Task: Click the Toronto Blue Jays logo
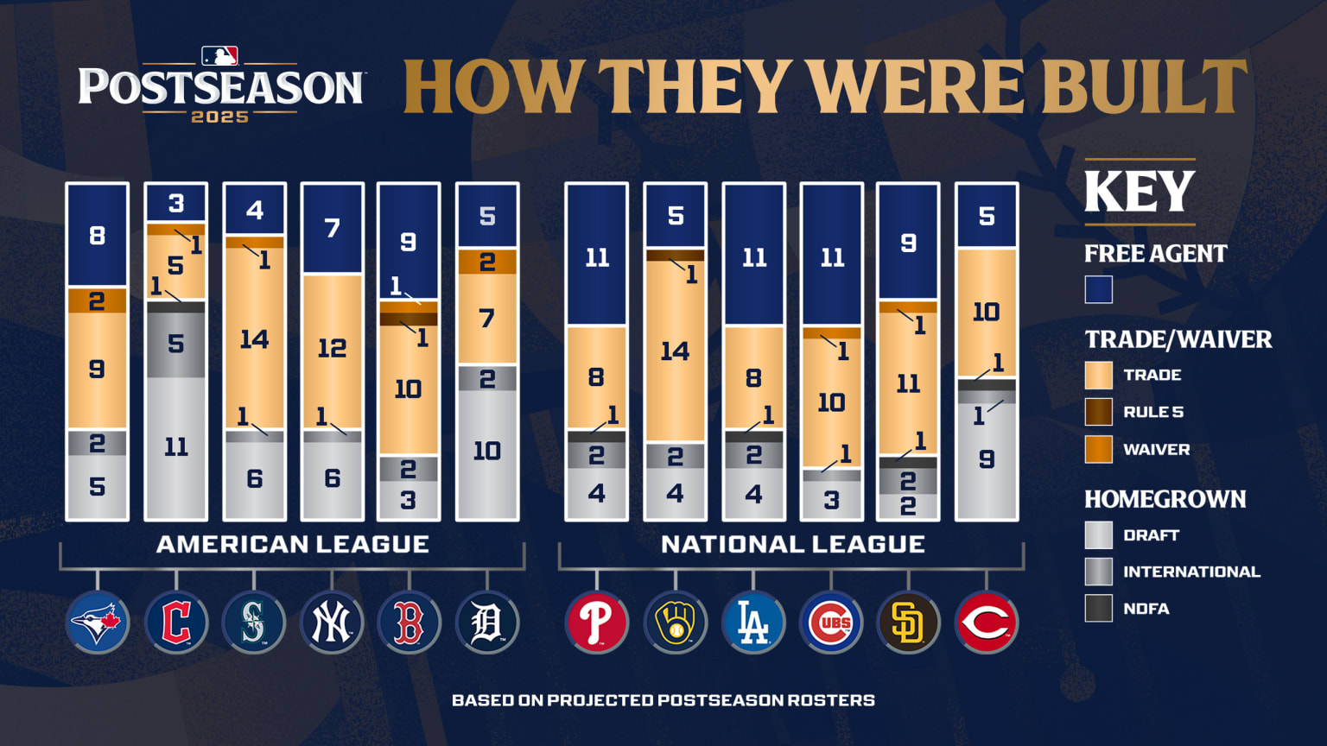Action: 98,622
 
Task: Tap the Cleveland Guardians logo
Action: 176,622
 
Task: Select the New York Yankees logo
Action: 332,622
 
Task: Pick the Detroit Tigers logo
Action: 487,622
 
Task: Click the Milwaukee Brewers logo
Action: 675,622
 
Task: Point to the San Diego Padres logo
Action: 908,622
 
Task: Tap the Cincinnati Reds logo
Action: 987,622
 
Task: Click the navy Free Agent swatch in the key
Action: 1098,290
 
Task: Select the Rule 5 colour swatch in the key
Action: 1098,412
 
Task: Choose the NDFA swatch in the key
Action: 1098,608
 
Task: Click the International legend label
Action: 1191,572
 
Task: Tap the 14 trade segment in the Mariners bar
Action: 254,338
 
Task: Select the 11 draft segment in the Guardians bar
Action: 176,447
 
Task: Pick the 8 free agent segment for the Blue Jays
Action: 98,235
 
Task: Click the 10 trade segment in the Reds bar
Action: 987,313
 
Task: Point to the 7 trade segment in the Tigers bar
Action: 487,319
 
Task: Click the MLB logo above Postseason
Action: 219,57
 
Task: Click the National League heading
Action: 792,544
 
